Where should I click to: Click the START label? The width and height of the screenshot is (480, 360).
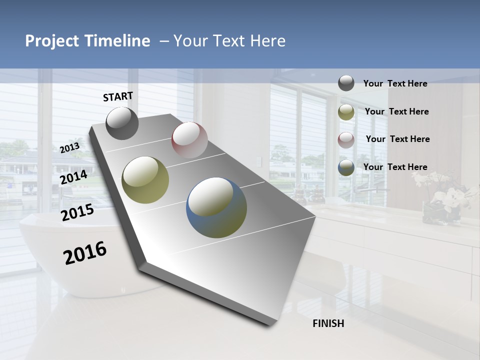pyautogui.click(x=118, y=96)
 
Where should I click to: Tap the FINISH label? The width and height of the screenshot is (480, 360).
pyautogui.click(x=328, y=323)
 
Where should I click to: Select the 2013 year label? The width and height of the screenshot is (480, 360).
pyautogui.click(x=69, y=148)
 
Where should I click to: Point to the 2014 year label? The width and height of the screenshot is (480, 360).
pyautogui.click(x=73, y=177)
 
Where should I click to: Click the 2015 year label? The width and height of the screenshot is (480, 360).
pyautogui.click(x=77, y=212)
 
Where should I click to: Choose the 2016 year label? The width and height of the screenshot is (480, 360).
pyautogui.click(x=85, y=252)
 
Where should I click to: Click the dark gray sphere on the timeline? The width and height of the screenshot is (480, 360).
pyautogui.click(x=122, y=123)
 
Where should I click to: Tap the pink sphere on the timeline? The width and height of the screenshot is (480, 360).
pyautogui.click(x=189, y=139)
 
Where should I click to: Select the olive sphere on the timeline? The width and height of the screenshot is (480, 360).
pyautogui.click(x=145, y=179)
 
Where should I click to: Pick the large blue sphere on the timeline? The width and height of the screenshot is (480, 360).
pyautogui.click(x=216, y=207)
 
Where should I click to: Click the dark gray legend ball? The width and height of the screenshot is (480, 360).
pyautogui.click(x=346, y=83)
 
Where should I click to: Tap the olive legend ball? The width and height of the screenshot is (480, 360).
pyautogui.click(x=346, y=112)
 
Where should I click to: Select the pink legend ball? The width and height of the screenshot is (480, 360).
pyautogui.click(x=346, y=140)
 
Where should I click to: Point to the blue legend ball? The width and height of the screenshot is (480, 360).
pyautogui.click(x=346, y=167)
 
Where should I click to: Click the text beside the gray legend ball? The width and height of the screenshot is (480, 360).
pyautogui.click(x=395, y=83)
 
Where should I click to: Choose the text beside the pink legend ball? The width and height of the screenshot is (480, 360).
pyautogui.click(x=397, y=139)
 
